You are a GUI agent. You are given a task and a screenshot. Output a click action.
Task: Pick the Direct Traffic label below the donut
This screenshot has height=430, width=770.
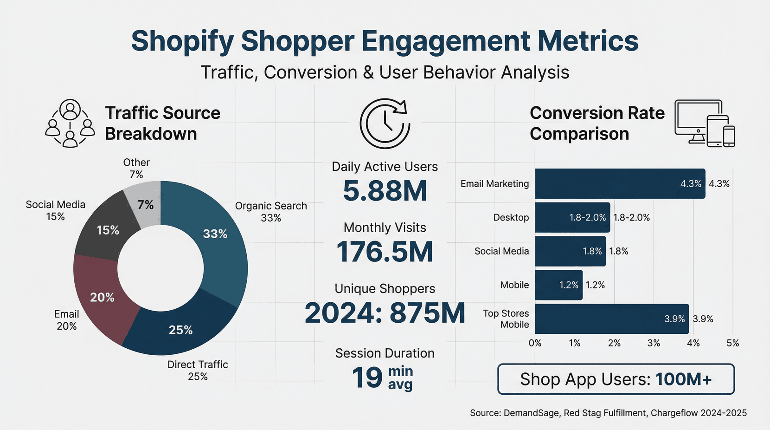(198, 370)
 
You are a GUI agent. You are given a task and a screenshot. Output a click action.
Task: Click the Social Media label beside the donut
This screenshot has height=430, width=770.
(55, 210)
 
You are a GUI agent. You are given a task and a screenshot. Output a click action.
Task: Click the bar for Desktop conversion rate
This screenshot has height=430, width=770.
(572, 217)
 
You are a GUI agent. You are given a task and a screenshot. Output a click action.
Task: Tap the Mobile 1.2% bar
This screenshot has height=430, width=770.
(558, 285)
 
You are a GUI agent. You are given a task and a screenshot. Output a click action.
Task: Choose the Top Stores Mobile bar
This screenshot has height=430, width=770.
(611, 319)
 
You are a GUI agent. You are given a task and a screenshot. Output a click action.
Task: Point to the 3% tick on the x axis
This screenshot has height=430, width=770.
(654, 343)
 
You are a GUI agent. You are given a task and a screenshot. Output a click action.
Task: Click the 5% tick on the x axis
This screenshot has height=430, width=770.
(732, 343)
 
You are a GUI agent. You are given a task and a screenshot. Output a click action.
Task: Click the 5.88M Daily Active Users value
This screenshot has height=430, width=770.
(385, 191)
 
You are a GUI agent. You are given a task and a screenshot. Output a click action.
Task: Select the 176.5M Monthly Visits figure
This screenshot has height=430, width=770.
(385, 252)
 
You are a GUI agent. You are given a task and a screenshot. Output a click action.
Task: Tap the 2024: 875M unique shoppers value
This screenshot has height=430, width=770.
(385, 313)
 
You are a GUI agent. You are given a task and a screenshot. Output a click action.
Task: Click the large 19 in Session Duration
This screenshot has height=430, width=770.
(367, 378)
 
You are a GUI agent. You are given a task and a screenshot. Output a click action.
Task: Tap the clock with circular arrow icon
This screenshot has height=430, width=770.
(385, 124)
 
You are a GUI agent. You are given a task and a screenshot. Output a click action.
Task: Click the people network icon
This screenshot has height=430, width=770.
(70, 124)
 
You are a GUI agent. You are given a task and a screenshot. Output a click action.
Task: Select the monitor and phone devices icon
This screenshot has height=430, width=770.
(705, 124)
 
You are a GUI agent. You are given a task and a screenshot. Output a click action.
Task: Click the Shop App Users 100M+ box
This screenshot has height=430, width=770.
(616, 379)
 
